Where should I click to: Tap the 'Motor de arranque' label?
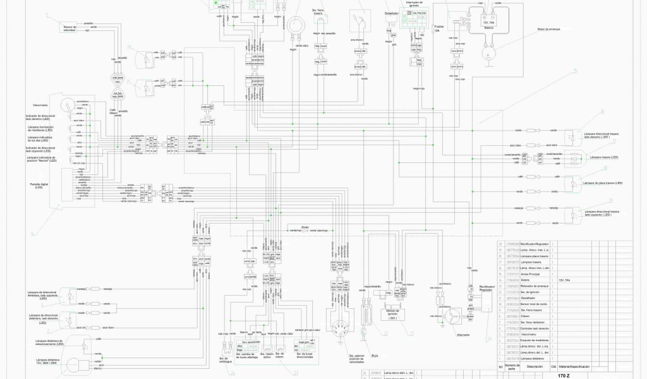[x=550, y=29]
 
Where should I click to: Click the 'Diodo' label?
[x=305, y=226]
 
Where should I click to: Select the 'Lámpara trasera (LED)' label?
[x=601, y=157]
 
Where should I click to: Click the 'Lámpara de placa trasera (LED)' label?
[x=603, y=183]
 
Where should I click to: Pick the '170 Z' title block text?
[x=564, y=375]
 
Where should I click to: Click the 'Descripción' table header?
[x=535, y=366]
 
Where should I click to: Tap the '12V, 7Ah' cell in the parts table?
[x=564, y=280]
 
